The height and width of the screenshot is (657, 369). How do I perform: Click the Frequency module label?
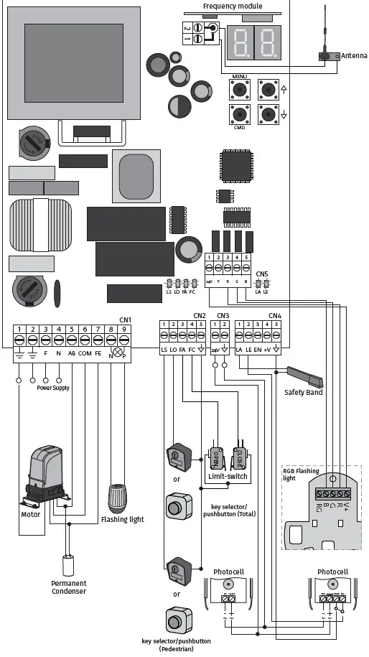coord(232,6)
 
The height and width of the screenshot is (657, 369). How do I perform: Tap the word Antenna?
coord(354,56)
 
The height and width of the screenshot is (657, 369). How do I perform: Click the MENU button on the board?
coord(239,90)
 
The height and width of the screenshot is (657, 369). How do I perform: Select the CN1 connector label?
coord(125,320)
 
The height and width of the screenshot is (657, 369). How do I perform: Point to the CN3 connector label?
coord(223,316)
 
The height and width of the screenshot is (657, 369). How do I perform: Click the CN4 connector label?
coord(275,316)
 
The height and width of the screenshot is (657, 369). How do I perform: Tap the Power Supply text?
coord(53,388)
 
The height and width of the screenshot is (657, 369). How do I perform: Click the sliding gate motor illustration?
coord(44,477)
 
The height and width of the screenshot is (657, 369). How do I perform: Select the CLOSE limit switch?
coord(240,456)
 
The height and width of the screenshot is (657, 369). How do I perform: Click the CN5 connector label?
coord(261,274)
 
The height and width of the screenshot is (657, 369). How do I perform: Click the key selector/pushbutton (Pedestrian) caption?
coord(177,644)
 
